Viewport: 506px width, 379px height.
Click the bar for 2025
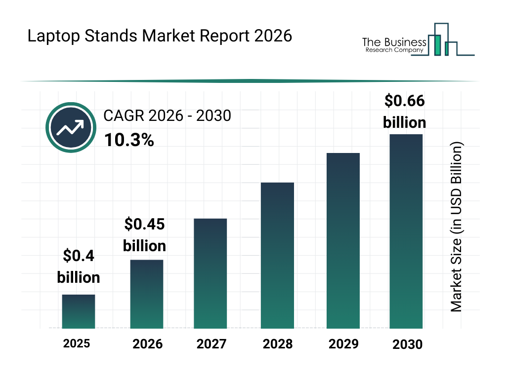click(79, 311)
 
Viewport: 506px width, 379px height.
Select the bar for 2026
click(147, 294)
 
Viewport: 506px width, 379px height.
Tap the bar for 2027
click(211, 273)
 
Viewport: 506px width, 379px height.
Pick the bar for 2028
click(277, 256)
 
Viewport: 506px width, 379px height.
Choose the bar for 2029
click(343, 241)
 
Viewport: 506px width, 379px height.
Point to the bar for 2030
click(406, 231)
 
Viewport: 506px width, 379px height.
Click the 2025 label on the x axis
click(77, 343)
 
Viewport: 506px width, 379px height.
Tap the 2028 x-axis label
click(277, 344)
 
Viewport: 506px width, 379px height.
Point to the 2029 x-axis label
click(343, 344)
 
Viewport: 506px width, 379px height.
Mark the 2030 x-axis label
click(408, 344)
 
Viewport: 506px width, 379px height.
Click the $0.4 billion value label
click(79, 266)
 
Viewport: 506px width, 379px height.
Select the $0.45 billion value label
click(144, 235)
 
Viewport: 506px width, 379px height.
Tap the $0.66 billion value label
click(405, 112)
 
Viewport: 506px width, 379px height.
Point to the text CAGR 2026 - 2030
click(167, 116)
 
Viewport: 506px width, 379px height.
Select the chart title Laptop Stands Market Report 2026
click(160, 36)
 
